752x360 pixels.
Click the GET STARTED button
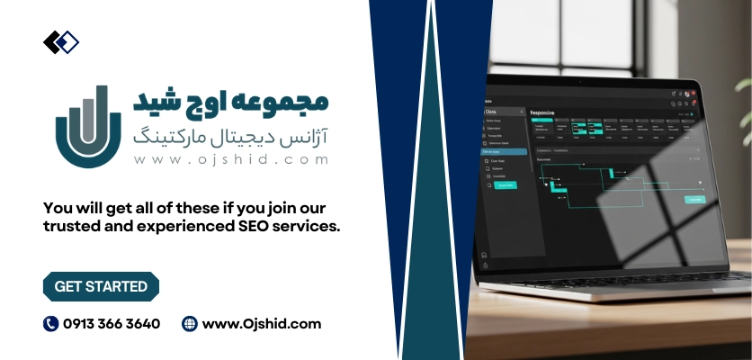101,286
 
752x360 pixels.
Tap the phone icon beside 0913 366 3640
50,324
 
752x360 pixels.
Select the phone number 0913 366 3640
112,324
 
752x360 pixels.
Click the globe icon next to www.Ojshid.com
189,324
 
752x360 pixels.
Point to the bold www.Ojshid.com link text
262,324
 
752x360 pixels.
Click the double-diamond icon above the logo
61,41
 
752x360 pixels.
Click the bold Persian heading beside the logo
231,102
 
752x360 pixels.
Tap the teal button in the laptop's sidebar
505,185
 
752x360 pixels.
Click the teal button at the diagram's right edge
694,199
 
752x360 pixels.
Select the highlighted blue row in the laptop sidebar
502,152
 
